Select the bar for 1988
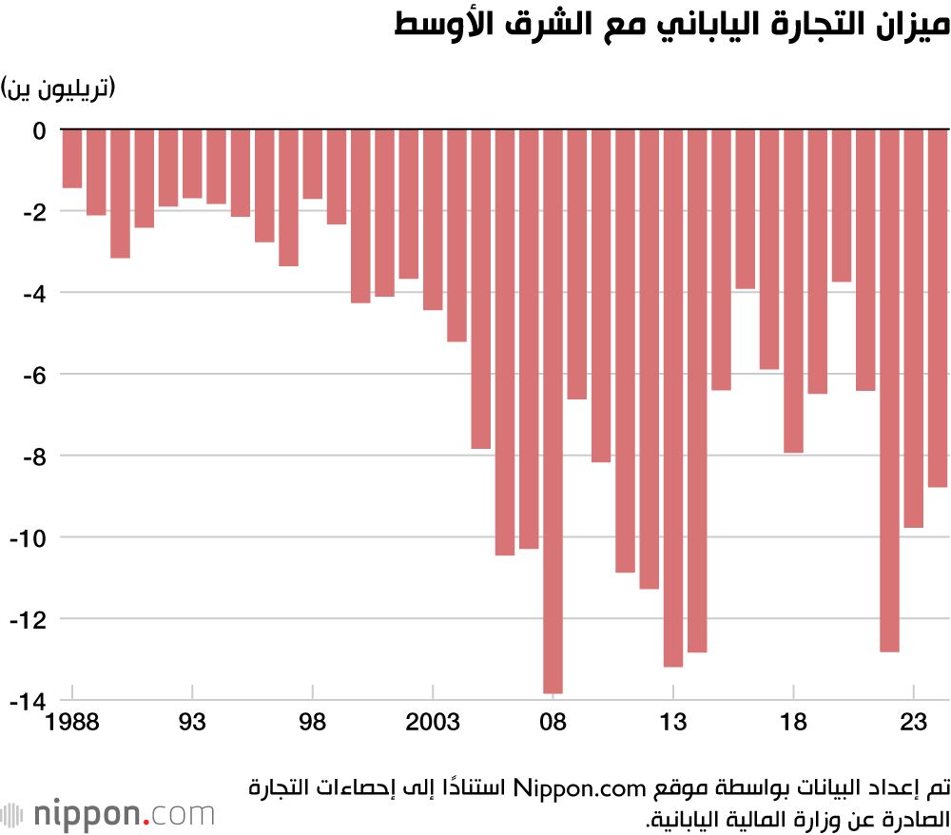point(72,159)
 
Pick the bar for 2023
point(913,328)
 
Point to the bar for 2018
point(793,291)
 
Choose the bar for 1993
point(192,165)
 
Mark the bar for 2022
point(889,390)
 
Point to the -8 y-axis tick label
point(31,456)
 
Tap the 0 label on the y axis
point(39,129)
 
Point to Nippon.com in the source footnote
point(570,786)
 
